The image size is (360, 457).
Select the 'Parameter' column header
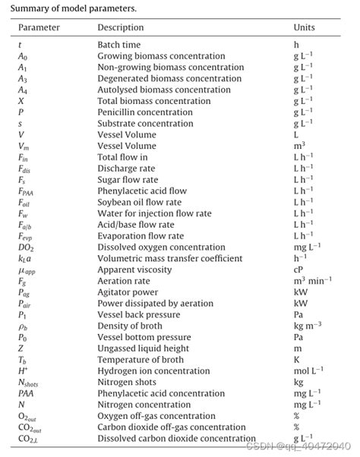tap(39, 27)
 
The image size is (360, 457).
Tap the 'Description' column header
tap(121, 27)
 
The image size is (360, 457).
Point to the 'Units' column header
tap(304, 27)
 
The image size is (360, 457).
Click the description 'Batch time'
tap(119, 45)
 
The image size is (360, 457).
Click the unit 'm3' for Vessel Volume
tap(299, 146)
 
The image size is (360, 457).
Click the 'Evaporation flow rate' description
tap(141, 236)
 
